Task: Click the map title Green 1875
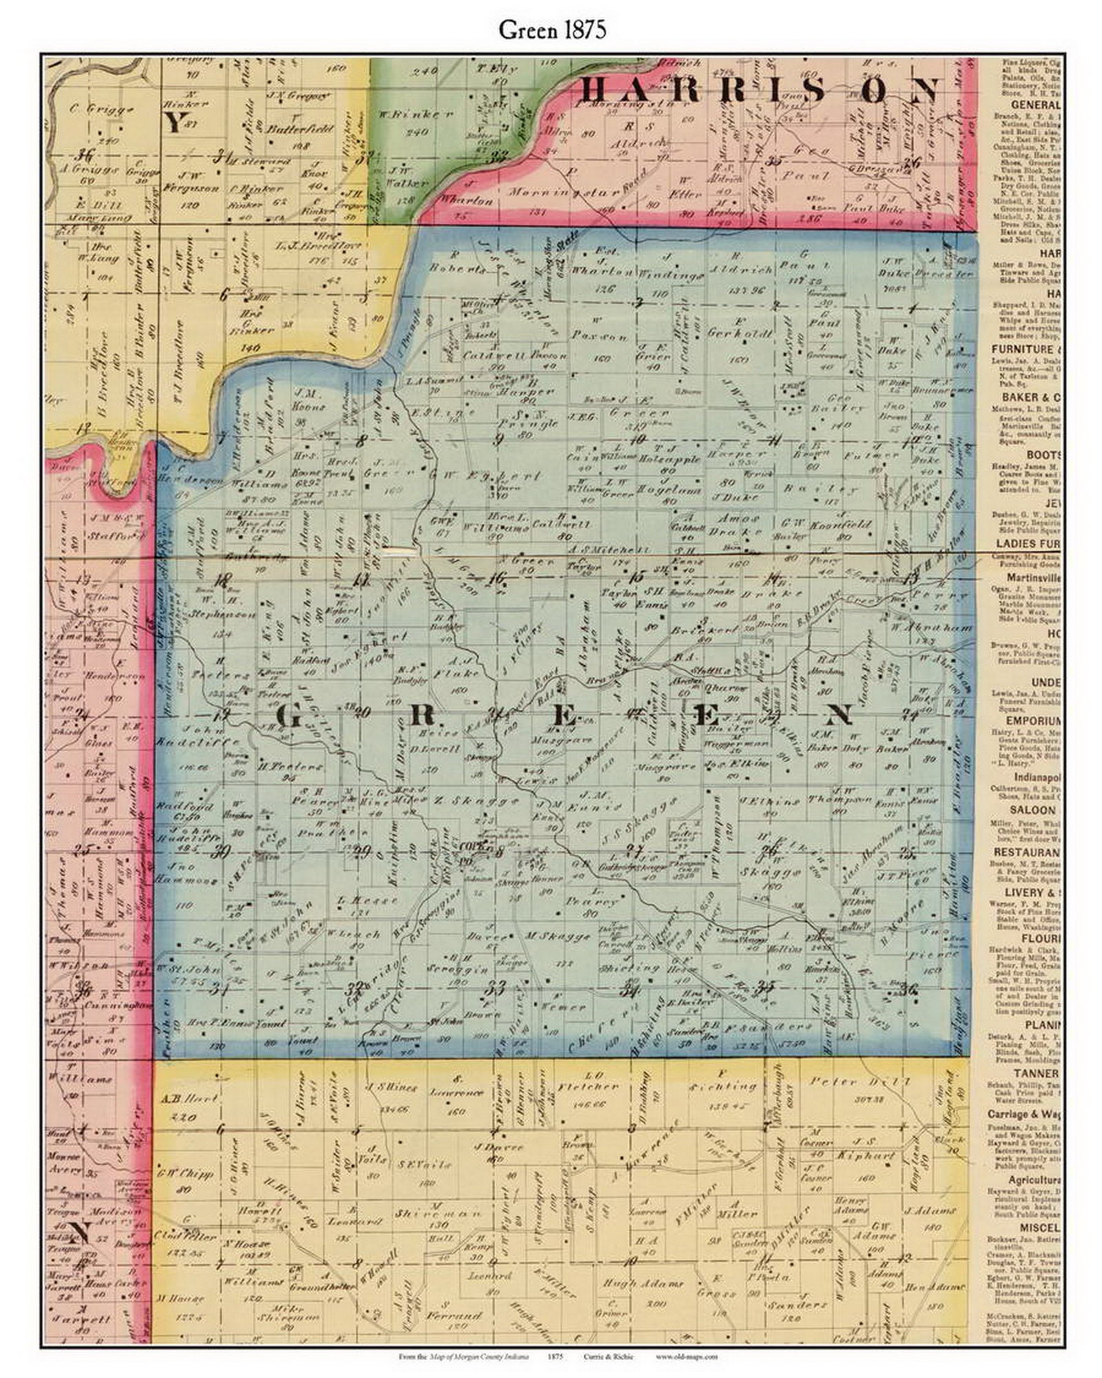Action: tap(552, 30)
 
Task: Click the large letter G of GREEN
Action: tap(289, 717)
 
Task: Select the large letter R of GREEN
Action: tap(421, 717)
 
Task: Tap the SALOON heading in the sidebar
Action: tap(1033, 810)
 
